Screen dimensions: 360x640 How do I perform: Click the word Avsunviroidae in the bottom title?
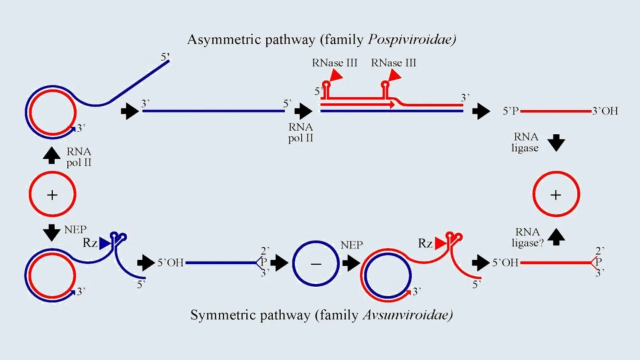[408, 315]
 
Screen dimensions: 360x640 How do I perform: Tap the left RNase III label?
[334, 63]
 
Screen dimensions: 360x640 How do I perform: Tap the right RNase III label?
[394, 63]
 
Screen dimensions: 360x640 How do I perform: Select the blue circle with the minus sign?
[316, 264]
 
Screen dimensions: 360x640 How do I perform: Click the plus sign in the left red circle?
[52, 195]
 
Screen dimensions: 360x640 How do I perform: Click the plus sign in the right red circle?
[556, 195]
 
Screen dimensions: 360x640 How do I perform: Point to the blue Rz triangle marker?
[105, 243]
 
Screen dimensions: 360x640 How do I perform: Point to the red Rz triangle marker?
[440, 243]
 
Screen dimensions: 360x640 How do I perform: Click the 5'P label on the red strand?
[511, 111]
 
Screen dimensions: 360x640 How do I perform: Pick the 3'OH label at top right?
[605, 111]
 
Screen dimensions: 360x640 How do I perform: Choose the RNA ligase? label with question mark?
[528, 238]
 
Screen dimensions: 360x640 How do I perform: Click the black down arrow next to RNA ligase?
[556, 143]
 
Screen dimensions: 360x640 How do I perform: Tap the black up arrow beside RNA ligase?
[556, 236]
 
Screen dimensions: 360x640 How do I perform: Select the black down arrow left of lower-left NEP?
[52, 232]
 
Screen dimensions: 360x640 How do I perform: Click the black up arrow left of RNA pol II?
[52, 155]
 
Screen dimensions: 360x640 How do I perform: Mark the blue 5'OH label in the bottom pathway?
[170, 263]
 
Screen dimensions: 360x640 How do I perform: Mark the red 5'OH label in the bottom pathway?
[505, 263]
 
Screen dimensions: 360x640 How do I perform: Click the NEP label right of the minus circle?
[352, 245]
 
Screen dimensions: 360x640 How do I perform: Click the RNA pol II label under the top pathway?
[300, 132]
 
